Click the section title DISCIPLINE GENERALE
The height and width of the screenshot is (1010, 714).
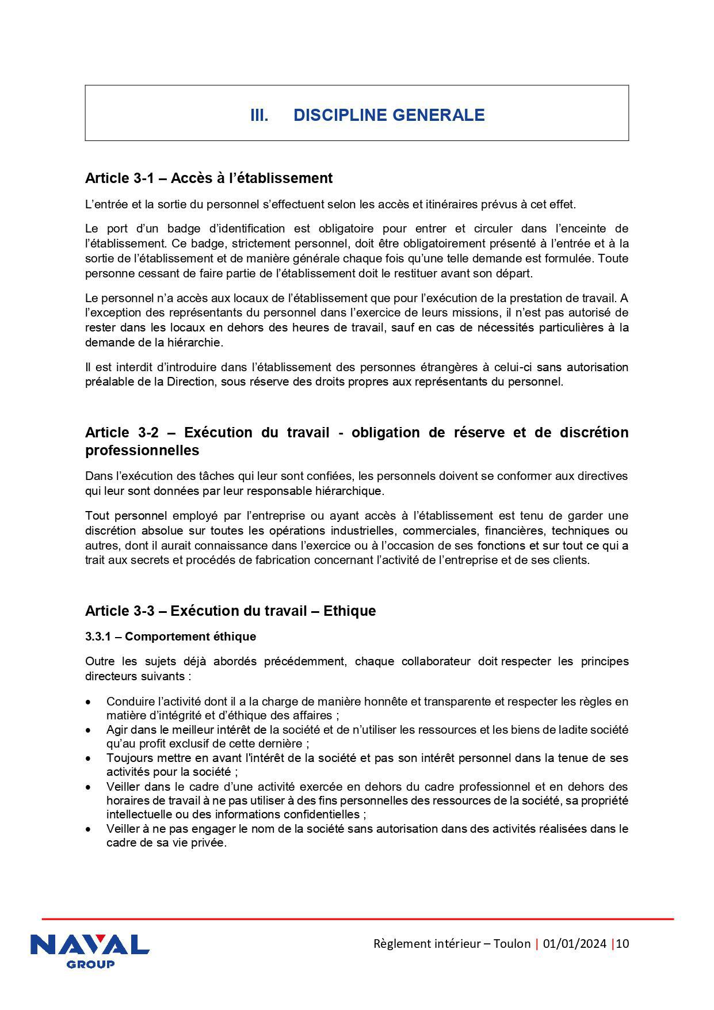tap(389, 115)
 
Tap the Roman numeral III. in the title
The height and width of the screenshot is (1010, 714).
tap(259, 115)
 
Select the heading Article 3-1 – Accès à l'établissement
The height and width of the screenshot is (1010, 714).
tap(208, 178)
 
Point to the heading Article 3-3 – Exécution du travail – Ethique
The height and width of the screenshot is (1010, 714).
tap(230, 611)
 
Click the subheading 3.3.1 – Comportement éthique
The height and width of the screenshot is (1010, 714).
tap(170, 637)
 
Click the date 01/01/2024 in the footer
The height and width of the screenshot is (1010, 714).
tap(574, 943)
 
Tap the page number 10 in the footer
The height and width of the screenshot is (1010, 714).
tap(623, 943)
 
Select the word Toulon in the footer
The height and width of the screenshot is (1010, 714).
tap(511, 943)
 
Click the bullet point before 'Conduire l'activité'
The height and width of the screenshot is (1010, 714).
tap(88, 702)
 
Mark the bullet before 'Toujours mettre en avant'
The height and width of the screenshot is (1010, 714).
tap(88, 759)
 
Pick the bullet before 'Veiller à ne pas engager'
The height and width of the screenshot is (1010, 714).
tap(88, 829)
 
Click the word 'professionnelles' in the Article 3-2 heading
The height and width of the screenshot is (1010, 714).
tap(142, 451)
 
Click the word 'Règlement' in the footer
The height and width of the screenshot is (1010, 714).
tap(402, 943)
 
